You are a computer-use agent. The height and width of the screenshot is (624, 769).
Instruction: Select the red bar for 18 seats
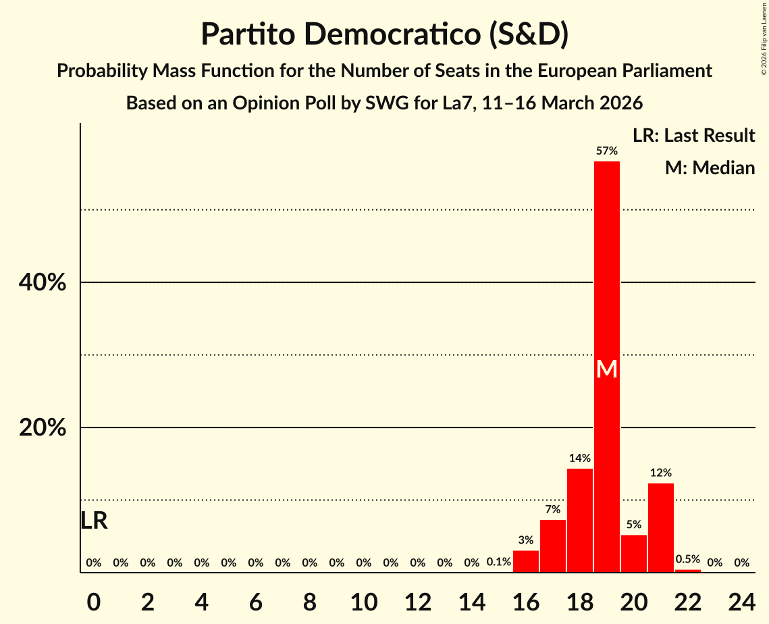click(x=579, y=520)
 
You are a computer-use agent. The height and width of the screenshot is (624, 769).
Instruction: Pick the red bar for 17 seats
click(x=553, y=546)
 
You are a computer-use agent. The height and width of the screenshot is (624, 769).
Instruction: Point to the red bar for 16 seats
click(x=526, y=561)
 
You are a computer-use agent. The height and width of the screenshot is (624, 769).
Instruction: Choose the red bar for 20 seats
click(x=633, y=554)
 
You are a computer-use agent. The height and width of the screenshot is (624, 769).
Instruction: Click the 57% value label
click(x=606, y=151)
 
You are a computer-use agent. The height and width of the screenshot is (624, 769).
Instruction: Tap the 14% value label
click(x=579, y=459)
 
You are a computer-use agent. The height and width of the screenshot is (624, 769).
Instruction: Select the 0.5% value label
click(x=687, y=559)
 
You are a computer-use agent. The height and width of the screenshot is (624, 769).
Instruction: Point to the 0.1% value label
click(x=498, y=563)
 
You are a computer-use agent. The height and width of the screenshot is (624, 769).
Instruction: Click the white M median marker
click(x=606, y=369)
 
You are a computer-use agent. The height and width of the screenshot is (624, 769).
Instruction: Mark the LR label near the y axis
click(x=94, y=521)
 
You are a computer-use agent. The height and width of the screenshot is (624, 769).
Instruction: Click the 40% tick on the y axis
click(x=43, y=282)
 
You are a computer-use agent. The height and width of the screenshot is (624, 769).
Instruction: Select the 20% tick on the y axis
click(x=43, y=428)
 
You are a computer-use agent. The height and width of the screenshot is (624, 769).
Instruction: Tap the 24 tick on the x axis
click(x=741, y=598)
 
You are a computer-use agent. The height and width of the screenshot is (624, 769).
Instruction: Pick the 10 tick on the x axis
click(x=364, y=598)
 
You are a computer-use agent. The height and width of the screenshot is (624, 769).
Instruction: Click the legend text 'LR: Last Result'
click(x=693, y=136)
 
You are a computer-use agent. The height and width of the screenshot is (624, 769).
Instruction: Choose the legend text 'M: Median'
click(x=710, y=167)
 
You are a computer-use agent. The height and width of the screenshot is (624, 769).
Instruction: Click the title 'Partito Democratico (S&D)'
click(x=384, y=34)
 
